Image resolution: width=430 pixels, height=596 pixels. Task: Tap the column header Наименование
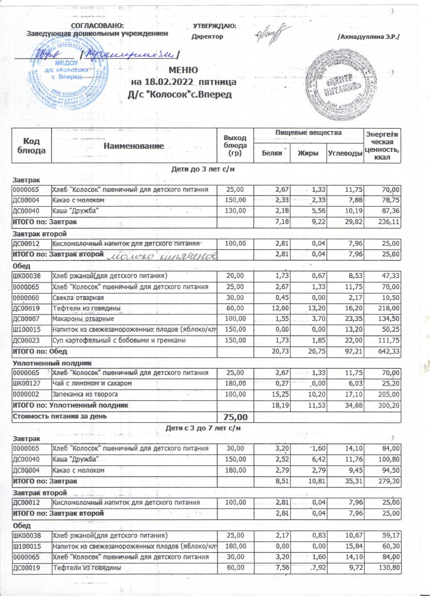[134, 146]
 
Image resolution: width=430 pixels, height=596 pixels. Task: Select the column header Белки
[272, 153]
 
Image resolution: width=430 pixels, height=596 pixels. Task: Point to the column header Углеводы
[345, 153]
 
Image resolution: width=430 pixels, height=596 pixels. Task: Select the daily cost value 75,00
[235, 417]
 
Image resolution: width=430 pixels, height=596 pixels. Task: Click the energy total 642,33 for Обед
[387, 351]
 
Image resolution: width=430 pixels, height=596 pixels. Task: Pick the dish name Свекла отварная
[78, 298]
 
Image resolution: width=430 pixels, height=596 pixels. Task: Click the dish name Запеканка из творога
[85, 394]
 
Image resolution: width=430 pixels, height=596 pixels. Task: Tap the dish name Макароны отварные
[83, 319]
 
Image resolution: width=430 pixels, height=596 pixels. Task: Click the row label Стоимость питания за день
[59, 416]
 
